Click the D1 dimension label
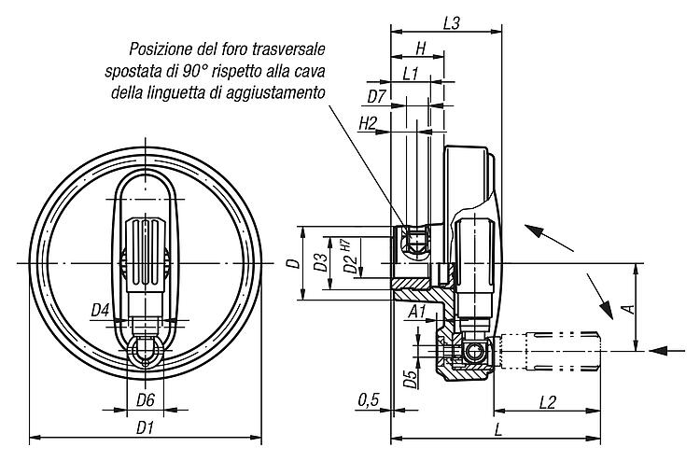pyautogui.click(x=145, y=429)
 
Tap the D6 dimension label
pyautogui.click(x=146, y=400)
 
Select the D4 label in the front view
pyautogui.click(x=100, y=310)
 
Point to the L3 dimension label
pyautogui.click(x=452, y=23)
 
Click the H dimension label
pyautogui.click(x=421, y=49)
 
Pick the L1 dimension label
pyautogui.click(x=411, y=74)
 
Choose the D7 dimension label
pyautogui.click(x=376, y=96)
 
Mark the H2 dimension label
pyautogui.click(x=369, y=123)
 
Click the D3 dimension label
pyautogui.click(x=319, y=262)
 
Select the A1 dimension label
pyautogui.click(x=417, y=312)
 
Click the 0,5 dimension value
pyautogui.click(x=369, y=400)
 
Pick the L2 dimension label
pyautogui.click(x=547, y=402)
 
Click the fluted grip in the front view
pyautogui.click(x=145, y=255)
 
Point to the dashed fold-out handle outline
pyautogui.click(x=549, y=351)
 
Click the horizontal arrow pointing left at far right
pyautogui.click(x=667, y=351)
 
